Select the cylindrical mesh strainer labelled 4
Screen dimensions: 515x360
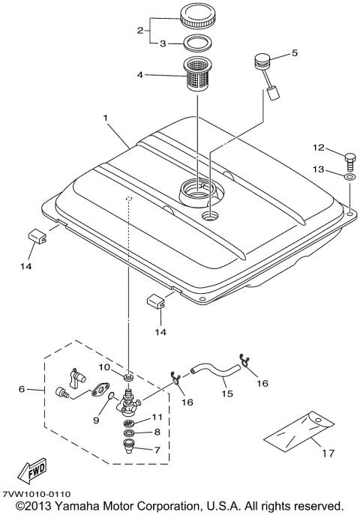pos(199,76)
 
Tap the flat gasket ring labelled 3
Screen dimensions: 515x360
pos(199,44)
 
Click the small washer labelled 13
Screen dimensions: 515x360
pos(349,178)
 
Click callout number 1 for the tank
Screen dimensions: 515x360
pos(106,118)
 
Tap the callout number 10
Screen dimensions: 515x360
pos(106,367)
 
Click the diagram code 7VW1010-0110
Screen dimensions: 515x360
pos(37,494)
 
